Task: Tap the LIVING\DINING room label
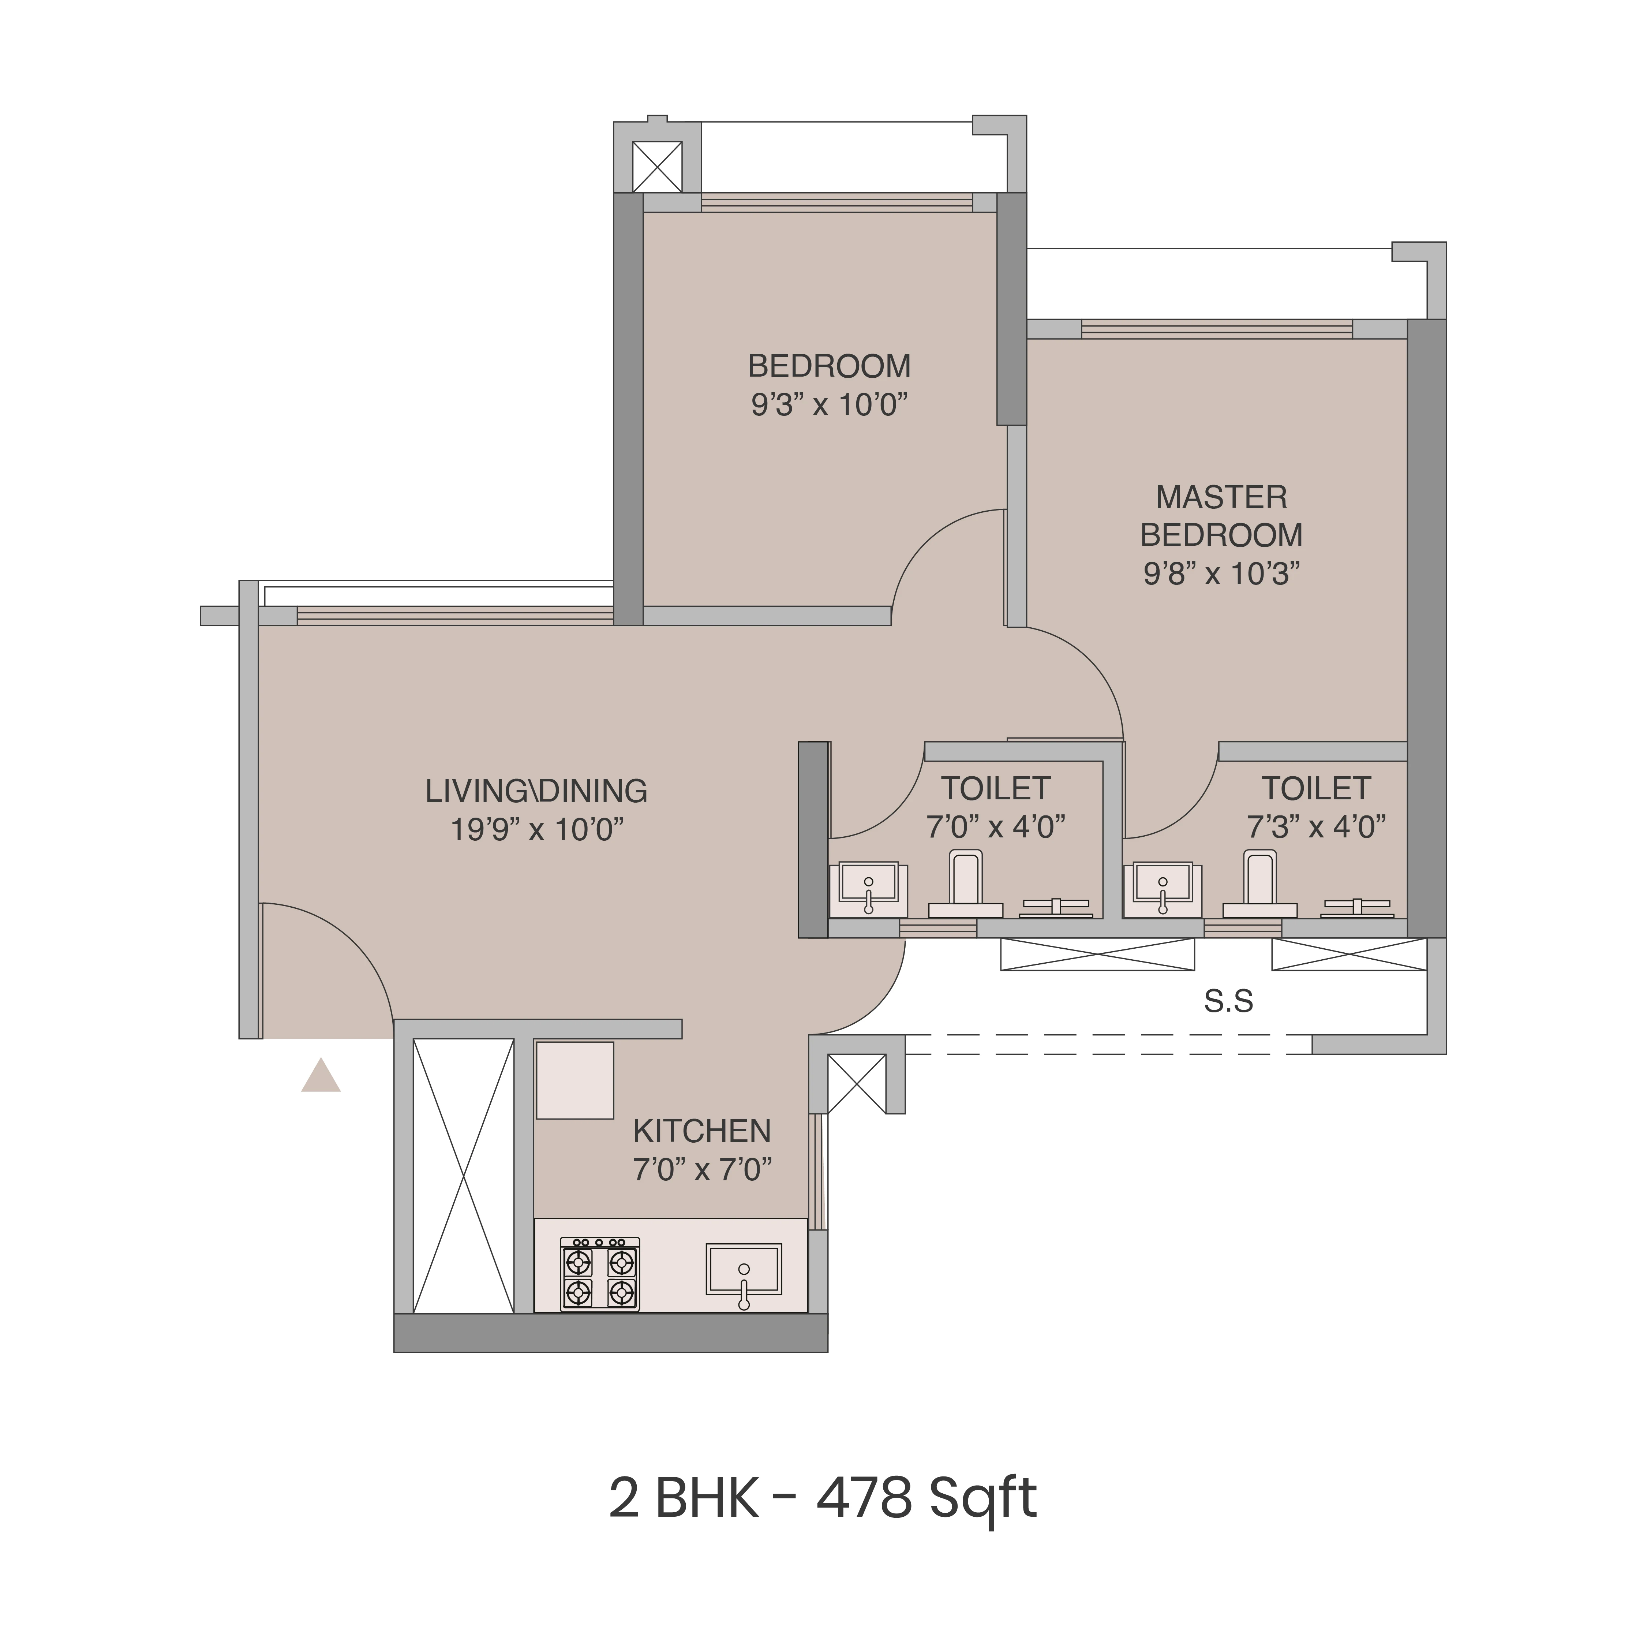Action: [536, 791]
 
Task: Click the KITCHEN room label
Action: [701, 1131]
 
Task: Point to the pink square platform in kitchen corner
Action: [574, 1079]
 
